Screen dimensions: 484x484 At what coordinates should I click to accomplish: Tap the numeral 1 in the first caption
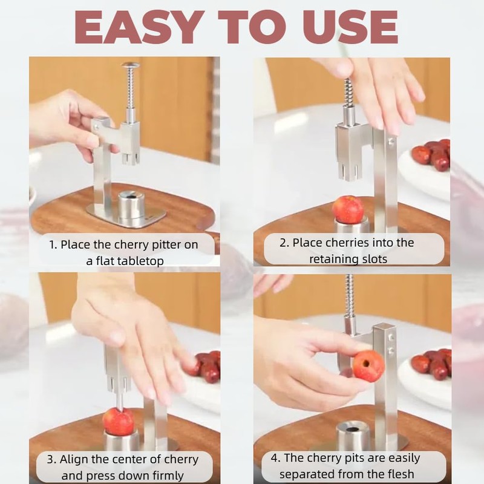pos(53,246)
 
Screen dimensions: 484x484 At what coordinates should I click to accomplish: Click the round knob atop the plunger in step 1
pos(130,65)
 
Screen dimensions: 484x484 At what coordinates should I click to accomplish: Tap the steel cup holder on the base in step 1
pos(131,205)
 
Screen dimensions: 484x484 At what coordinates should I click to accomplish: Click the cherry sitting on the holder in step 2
pos(348,209)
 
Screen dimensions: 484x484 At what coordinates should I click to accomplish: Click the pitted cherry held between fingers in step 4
pos(368,365)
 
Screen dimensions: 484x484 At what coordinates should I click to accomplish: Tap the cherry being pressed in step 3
pos(118,421)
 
